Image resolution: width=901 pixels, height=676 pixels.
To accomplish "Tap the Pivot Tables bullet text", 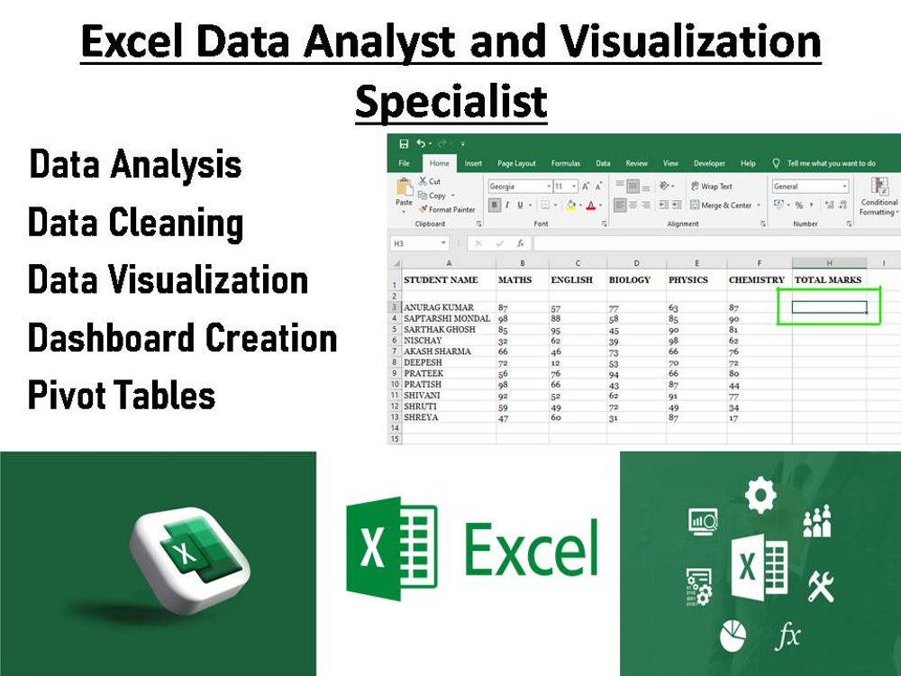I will (122, 396).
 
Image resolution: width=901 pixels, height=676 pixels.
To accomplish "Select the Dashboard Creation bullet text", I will (182, 338).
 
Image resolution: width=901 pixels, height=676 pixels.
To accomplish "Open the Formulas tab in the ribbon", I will (566, 163).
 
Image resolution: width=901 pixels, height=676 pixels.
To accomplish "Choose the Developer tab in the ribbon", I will (709, 163).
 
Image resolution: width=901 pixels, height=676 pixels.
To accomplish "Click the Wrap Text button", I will (711, 187).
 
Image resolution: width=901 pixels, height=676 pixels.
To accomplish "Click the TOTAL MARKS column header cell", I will (828, 280).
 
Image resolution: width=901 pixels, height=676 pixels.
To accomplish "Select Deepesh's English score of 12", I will (556, 362).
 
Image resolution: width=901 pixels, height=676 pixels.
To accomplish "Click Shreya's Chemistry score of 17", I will (734, 417).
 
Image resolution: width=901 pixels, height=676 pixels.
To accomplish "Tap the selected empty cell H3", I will (828, 307).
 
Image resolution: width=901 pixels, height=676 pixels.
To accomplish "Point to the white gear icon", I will (760, 494).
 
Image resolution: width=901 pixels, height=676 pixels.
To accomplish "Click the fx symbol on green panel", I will (787, 637).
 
